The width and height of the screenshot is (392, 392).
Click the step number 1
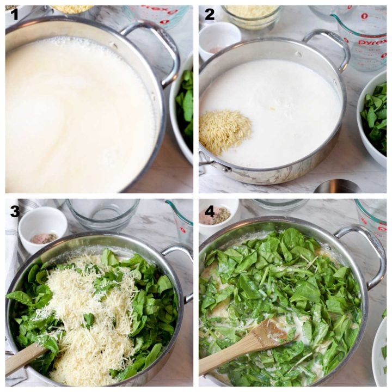[x=14, y=14]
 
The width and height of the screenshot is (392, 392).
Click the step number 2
[x=209, y=14]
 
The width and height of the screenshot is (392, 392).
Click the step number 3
[x=15, y=211]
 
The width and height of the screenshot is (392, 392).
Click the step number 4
[x=209, y=211]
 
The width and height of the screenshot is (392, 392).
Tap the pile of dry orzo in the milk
[x=225, y=130]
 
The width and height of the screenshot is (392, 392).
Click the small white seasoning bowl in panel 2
[x=219, y=39]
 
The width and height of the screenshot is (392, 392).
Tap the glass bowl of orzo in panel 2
[x=251, y=16]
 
